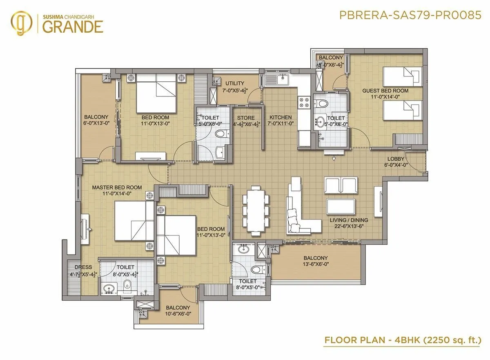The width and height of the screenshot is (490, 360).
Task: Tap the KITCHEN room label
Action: tap(280, 118)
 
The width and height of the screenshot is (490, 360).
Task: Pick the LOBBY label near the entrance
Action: tap(396, 159)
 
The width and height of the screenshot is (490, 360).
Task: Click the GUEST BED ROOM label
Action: tap(385, 91)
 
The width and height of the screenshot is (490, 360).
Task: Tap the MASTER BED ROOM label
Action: tap(117, 188)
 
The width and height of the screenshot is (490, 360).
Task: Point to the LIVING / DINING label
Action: tap(346, 220)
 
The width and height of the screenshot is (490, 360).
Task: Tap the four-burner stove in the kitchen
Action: tap(303, 102)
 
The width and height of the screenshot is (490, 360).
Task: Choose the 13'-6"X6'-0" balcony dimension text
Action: tap(316, 264)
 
